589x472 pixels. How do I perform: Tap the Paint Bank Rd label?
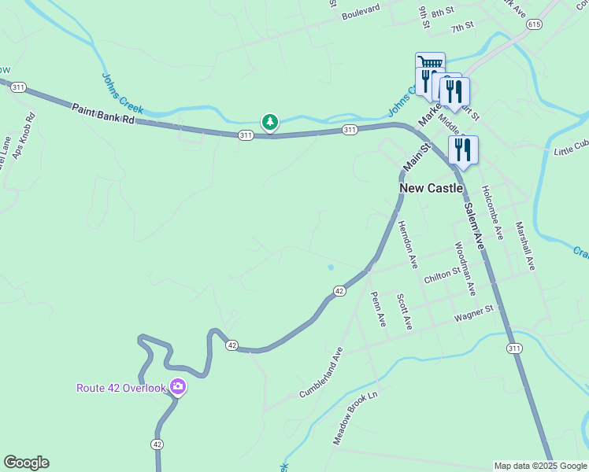coord(103,115)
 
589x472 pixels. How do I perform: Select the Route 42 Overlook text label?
coord(121,388)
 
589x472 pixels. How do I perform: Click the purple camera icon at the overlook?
coord(178,386)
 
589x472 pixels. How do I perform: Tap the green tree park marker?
coord(270,122)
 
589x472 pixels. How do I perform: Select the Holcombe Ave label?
coord(492,212)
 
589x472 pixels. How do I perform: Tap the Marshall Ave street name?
coord(525,245)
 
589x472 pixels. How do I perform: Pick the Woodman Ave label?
coord(465,267)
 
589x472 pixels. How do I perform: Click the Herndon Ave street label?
coord(406,240)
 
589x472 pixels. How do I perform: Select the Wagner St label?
coord(472,314)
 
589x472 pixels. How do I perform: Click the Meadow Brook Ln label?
coord(355,418)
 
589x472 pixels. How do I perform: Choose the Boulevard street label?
coord(361,11)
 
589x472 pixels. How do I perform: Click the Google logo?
coord(26,463)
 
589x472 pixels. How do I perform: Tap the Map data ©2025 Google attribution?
coord(539,466)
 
